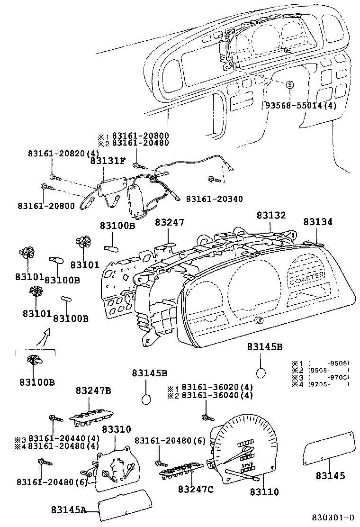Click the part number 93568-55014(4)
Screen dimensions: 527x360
point(299,106)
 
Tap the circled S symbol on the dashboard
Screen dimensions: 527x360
point(289,84)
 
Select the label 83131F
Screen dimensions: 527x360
point(108,161)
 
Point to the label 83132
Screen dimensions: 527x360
point(271,215)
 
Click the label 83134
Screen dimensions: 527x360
point(318,222)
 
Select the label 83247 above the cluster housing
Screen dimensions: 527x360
point(169,222)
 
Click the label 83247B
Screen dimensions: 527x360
point(93,391)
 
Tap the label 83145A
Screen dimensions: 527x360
point(69,510)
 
